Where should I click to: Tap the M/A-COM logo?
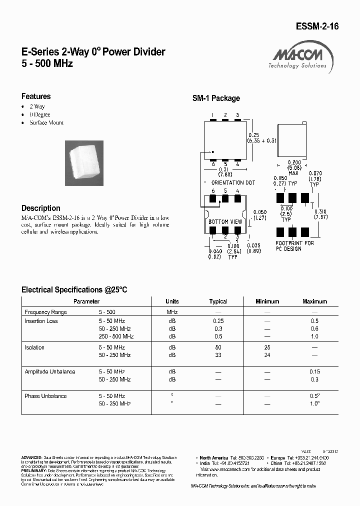[x=297, y=57]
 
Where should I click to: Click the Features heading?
[x=36, y=96]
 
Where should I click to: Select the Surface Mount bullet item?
[x=46, y=122]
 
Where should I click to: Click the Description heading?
[x=41, y=208]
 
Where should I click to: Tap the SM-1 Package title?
[x=216, y=98]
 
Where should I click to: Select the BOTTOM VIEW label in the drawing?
[x=225, y=221]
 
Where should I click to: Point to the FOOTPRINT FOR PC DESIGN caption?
[x=295, y=246]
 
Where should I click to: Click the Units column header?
[x=172, y=301]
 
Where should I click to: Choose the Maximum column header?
[x=314, y=301]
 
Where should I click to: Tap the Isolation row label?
[x=34, y=347]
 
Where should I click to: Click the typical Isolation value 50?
[x=218, y=347]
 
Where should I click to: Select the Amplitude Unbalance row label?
[x=50, y=372]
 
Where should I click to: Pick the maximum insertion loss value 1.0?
[x=314, y=337]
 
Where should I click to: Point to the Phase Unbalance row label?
[x=45, y=396]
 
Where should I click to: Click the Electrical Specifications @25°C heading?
[x=74, y=289]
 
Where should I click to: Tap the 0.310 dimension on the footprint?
[x=321, y=211]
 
